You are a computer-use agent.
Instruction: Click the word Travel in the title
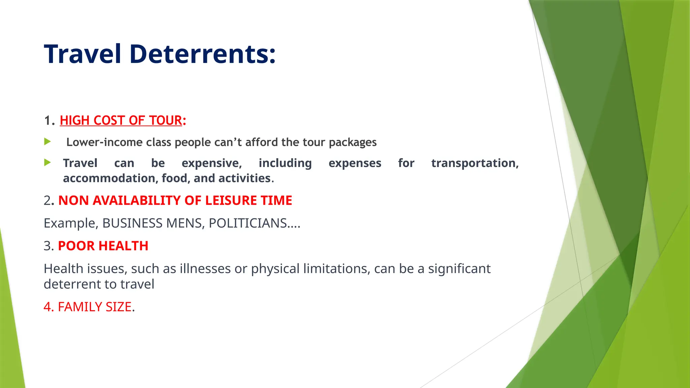[83, 54]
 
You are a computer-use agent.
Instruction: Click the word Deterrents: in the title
[202, 54]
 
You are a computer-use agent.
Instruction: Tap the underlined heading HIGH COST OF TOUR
[121, 120]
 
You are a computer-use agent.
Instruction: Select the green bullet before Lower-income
[48, 141]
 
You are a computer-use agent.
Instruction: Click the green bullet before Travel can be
[48, 163]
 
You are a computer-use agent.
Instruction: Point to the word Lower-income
[104, 142]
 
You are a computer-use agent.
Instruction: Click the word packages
[352, 142]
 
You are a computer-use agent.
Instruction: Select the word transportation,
[475, 163]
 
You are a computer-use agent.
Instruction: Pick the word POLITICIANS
[248, 223]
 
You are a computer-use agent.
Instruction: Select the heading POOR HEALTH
[103, 246]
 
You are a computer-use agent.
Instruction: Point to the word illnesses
[205, 269]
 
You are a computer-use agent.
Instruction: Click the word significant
[459, 269]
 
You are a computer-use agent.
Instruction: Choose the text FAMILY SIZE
[95, 307]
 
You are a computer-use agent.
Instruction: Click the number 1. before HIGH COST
[49, 120]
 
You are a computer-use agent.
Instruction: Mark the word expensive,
[212, 163]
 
